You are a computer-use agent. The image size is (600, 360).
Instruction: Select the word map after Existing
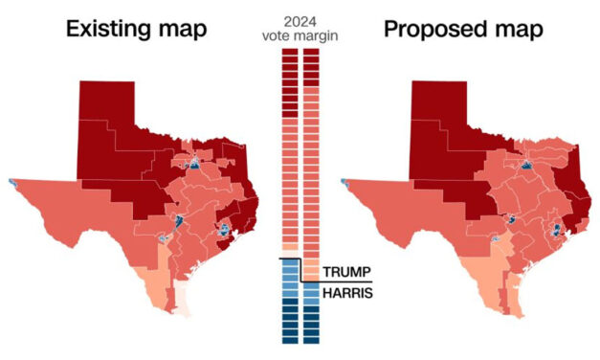click(x=180, y=30)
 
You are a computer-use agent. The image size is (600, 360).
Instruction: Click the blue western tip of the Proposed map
click(x=344, y=182)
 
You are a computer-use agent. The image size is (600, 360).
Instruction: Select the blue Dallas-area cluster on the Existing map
click(x=194, y=164)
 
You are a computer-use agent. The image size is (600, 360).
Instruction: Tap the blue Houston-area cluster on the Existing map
click(x=224, y=230)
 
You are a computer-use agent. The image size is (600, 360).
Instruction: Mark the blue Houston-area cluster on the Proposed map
click(x=556, y=230)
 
